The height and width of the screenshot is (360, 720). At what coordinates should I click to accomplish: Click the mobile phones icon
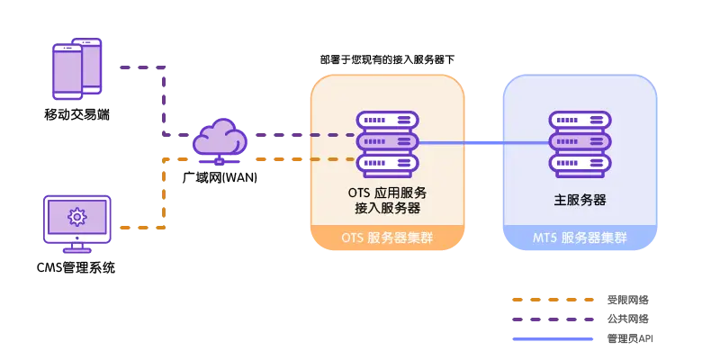[x=76, y=68]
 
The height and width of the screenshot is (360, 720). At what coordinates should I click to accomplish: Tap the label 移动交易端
[x=77, y=114]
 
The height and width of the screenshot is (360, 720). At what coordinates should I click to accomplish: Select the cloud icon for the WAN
[x=220, y=142]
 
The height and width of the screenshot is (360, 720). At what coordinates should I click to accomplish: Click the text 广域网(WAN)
[x=218, y=176]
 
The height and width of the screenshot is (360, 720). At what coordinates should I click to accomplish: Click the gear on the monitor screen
[x=77, y=216]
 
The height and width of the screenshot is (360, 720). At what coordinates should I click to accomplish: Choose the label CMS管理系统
[x=76, y=266]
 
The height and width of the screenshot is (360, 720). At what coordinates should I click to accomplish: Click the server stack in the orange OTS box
[x=387, y=144]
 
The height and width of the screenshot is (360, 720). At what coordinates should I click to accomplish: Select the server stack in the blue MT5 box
[x=580, y=144]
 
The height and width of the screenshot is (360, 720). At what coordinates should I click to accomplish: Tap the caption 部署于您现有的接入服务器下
[x=387, y=59]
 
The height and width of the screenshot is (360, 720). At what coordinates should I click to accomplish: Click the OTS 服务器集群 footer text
[x=387, y=238]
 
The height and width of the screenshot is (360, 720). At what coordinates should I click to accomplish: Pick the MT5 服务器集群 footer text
[x=580, y=238]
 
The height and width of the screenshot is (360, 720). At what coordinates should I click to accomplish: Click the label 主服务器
[x=580, y=200]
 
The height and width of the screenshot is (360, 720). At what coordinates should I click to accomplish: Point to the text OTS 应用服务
[x=388, y=192]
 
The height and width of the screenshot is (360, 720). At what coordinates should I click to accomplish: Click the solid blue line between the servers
[x=484, y=144]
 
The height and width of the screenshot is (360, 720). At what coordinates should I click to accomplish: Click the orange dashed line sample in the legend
[x=553, y=300]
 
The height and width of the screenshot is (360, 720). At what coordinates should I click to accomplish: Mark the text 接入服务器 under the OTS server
[x=388, y=208]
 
